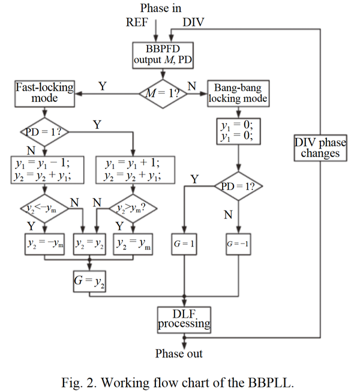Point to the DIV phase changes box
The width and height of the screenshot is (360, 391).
(317, 148)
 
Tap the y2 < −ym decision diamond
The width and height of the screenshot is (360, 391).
(43, 209)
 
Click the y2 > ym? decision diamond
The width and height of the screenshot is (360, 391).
(131, 209)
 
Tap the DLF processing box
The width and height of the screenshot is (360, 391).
(184, 318)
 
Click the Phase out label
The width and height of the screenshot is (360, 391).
(179, 353)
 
